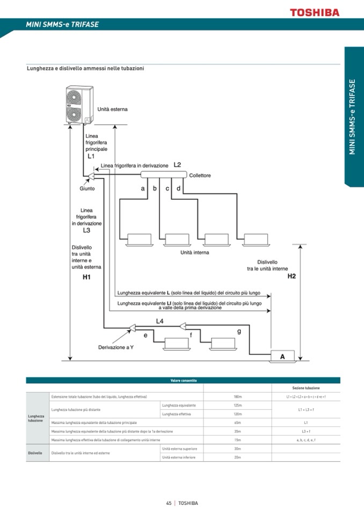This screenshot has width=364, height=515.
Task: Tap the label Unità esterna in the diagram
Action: tap(113, 109)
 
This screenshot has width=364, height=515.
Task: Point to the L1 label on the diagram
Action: tap(91, 156)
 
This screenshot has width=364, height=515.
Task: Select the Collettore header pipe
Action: tap(163, 175)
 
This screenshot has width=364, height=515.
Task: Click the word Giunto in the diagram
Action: tap(87, 188)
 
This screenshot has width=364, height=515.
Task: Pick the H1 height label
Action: tap(86, 277)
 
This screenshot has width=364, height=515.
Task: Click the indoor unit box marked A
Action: tap(283, 356)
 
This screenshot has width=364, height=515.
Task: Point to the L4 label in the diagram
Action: tap(159, 321)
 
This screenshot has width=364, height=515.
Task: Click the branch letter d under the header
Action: tap(178, 188)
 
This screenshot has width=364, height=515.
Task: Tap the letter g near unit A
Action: tap(239, 331)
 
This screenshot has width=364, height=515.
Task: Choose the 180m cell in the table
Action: tap(237, 396)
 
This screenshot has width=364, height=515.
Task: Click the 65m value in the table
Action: tap(237, 423)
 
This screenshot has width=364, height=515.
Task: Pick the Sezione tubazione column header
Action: tap(305, 388)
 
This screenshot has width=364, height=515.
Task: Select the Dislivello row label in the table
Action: tap(35, 453)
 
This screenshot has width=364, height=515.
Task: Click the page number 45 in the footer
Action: tap(169, 503)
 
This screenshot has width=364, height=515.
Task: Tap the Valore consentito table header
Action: tap(183, 380)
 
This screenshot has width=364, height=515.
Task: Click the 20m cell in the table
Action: tap(237, 457)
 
